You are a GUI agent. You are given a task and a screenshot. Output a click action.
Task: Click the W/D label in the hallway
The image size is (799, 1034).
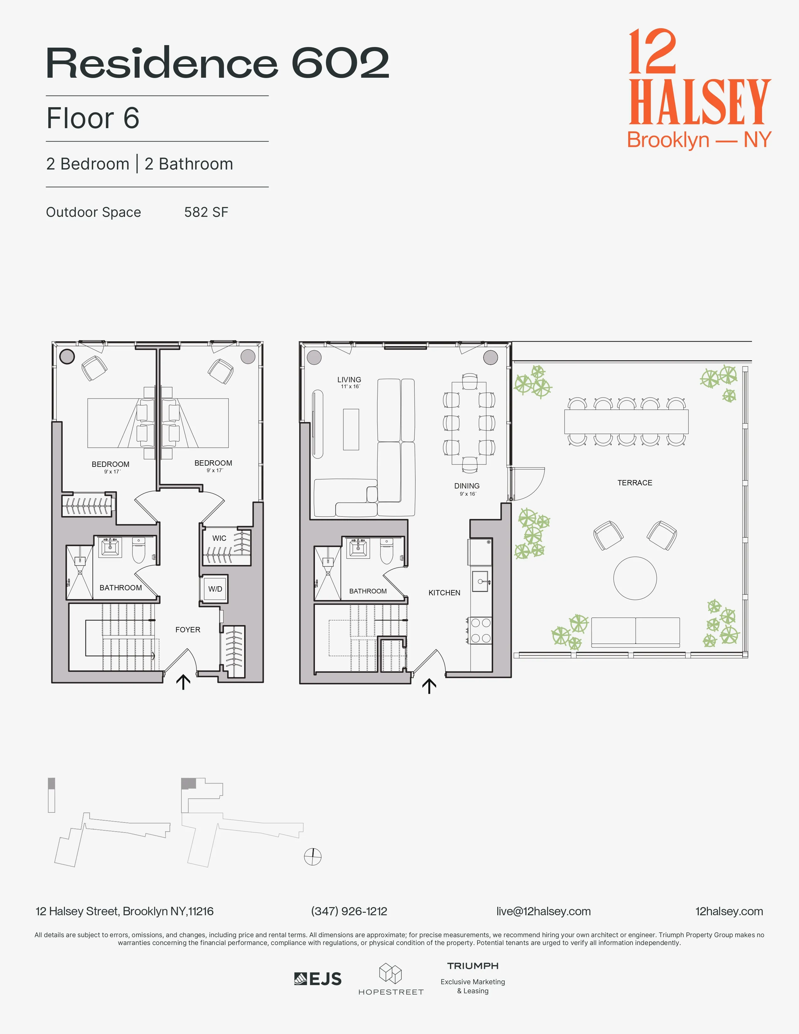coord(215,589)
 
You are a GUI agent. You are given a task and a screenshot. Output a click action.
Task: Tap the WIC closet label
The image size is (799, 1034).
coord(219,538)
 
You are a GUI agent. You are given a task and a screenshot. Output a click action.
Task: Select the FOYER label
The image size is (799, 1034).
coord(188,630)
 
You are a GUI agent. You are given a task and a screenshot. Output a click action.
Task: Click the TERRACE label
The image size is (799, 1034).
coord(635,483)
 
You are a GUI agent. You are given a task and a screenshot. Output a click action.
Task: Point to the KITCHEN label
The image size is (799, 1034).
coord(444,593)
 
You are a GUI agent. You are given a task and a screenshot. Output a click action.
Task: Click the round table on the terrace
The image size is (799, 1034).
coord(635,578)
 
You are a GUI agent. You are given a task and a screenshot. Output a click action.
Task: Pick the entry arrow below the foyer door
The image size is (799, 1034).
coord(183,682)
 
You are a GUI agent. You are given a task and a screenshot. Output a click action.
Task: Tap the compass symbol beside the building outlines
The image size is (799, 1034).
coord(312,856)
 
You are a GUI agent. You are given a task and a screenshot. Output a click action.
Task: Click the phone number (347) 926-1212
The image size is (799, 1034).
coord(349,911)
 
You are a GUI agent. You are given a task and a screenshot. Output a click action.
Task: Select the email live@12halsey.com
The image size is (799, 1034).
coord(543,911)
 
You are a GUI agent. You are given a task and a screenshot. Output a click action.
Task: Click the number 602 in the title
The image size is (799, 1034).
coord(340,63)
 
